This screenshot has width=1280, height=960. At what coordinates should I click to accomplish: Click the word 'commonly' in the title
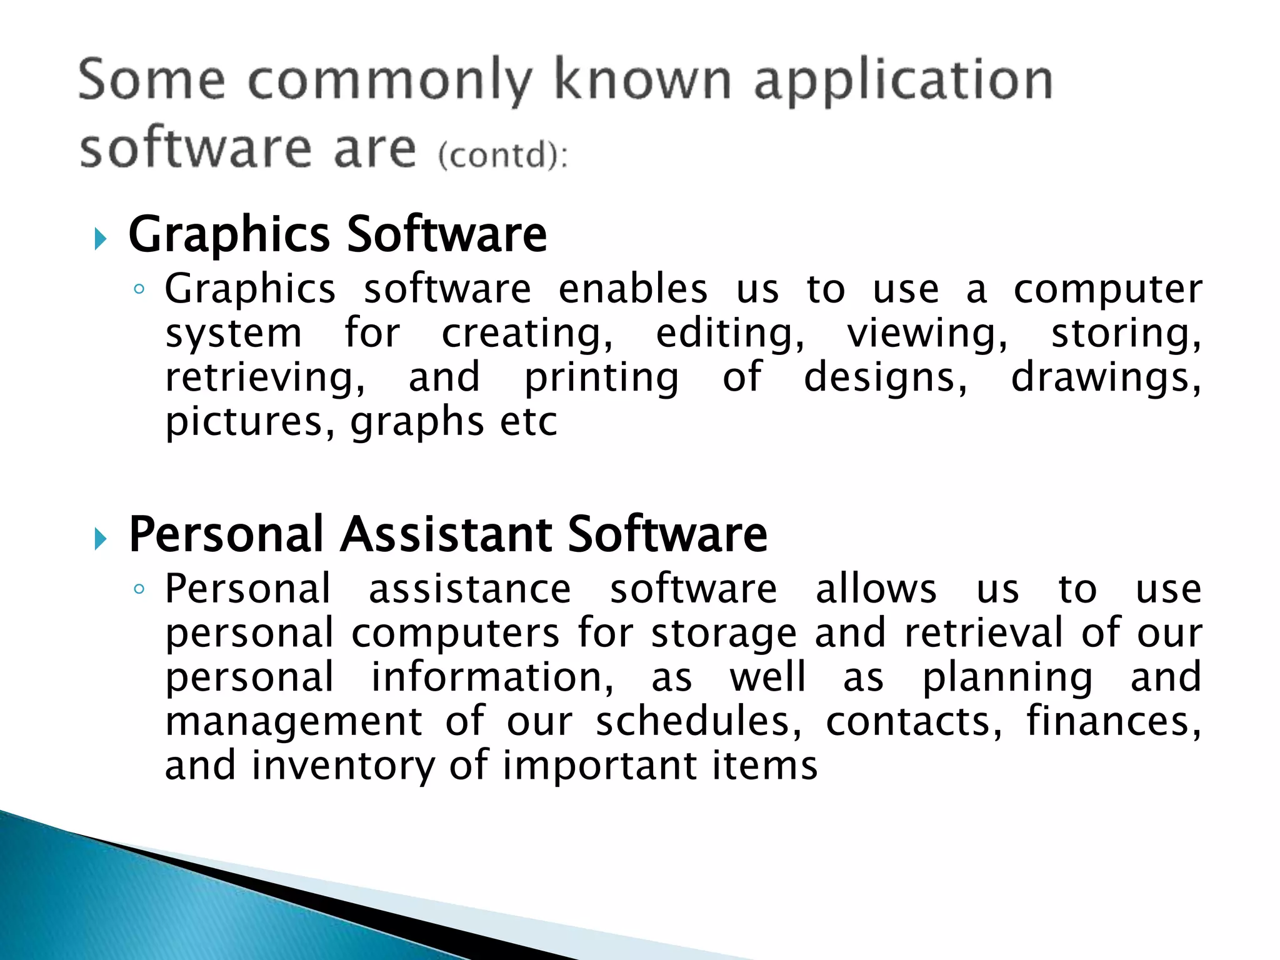[x=390, y=81]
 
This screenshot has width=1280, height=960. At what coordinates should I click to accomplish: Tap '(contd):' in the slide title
[x=503, y=154]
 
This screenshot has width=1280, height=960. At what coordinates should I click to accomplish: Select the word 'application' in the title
[x=904, y=81]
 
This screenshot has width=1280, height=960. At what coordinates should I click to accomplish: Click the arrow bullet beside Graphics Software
[x=100, y=238]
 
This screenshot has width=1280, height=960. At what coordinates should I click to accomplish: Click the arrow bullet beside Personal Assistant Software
[x=100, y=538]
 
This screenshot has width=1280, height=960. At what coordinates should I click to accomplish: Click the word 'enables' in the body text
[x=632, y=289]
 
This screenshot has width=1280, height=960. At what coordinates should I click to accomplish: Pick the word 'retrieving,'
[x=265, y=378]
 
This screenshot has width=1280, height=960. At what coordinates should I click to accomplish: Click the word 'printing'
[x=601, y=378]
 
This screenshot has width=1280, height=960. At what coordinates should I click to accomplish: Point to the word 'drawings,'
[x=1106, y=378]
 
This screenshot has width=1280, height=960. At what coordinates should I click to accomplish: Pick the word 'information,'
[x=492, y=677]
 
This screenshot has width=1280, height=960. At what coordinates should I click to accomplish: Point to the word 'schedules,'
[x=699, y=721]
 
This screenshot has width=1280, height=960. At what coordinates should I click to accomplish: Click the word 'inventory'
[x=343, y=766]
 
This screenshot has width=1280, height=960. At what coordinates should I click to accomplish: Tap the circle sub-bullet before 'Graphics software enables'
[x=139, y=289]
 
